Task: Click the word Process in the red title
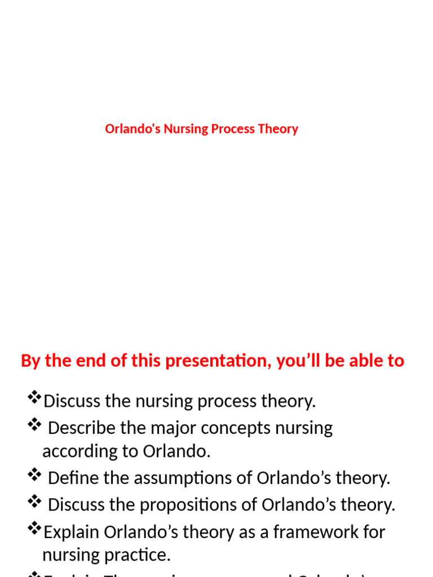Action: tap(233, 129)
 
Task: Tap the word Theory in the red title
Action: tap(278, 129)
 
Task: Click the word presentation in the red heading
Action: tap(206, 361)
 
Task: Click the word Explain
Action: tap(72, 532)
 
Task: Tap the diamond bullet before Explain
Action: tap(34, 529)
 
